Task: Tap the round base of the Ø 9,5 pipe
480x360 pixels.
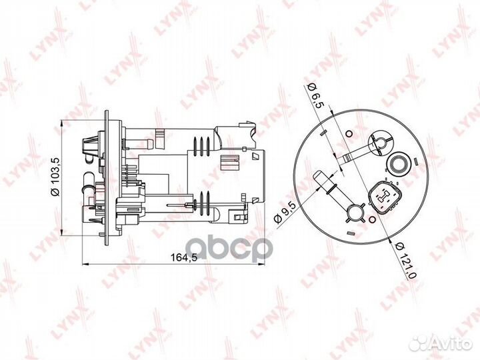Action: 354,213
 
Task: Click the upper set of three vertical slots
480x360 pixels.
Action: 199,145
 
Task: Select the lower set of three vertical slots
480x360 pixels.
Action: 200,203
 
